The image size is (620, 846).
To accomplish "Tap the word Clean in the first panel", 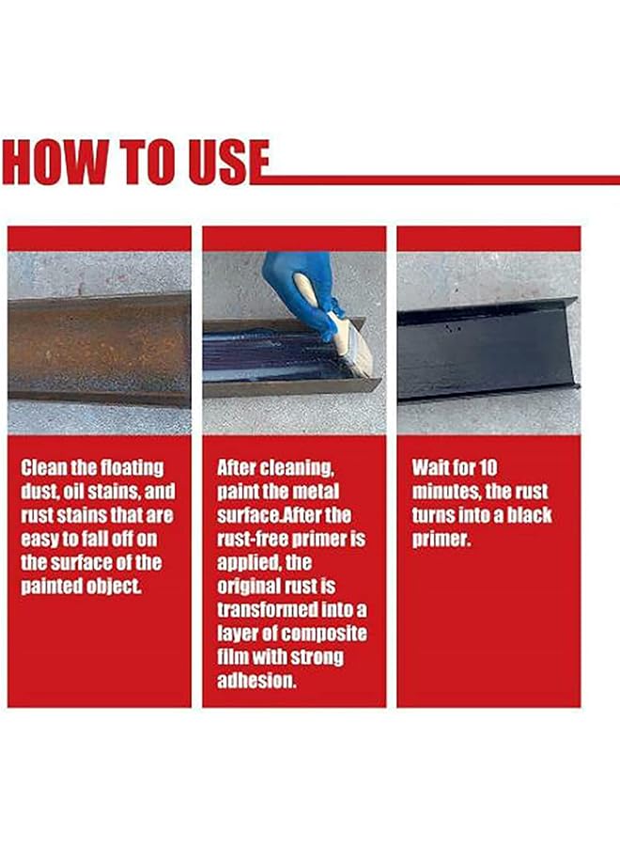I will coord(43,467).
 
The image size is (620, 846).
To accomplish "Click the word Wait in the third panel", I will coord(430,467).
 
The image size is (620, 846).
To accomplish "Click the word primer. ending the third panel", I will coord(441,540).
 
